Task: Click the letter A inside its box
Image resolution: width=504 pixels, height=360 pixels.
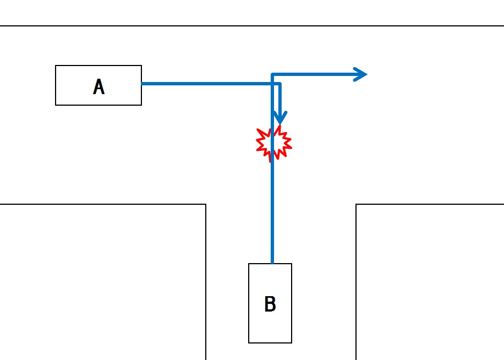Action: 98,87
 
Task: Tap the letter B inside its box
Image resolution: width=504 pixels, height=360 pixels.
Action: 270,304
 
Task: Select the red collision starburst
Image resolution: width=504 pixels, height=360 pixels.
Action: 273,143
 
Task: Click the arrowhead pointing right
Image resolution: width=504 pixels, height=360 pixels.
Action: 361,74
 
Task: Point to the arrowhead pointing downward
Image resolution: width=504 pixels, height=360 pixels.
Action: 280,118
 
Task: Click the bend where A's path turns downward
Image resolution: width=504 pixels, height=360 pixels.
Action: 280,84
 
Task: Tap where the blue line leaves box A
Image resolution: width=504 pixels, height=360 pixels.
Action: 143,84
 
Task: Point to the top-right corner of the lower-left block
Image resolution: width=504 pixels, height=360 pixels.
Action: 206,205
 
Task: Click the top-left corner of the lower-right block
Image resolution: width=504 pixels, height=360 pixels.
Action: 357,205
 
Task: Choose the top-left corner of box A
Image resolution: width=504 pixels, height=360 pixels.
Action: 56,66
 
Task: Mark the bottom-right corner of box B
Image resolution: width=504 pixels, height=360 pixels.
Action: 291,342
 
